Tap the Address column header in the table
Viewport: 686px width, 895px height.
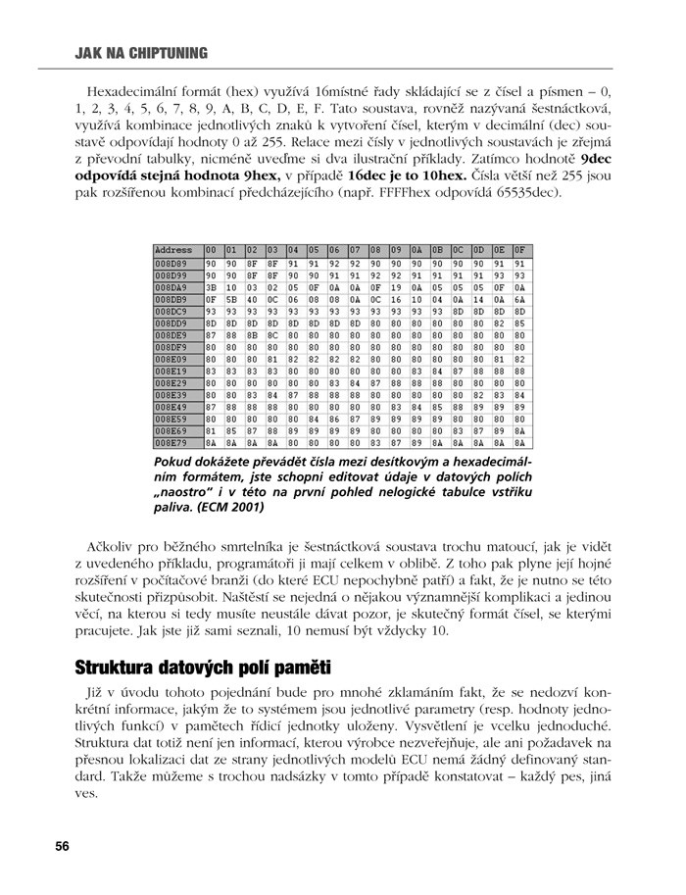click(x=173, y=250)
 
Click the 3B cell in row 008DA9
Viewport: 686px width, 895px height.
click(x=211, y=288)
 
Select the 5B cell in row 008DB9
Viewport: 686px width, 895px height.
click(x=231, y=300)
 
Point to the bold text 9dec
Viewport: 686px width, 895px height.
click(x=597, y=157)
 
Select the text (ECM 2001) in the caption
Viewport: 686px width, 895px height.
click(x=228, y=508)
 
